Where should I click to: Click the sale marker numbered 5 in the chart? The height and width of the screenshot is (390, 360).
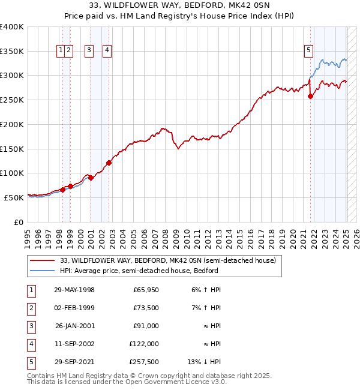click(308, 51)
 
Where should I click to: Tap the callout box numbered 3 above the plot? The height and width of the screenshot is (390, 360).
click(89, 51)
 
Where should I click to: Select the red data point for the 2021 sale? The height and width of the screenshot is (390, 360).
click(310, 96)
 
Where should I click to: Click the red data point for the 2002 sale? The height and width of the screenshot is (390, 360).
click(109, 163)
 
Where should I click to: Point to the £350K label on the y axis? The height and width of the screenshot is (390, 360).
click(12, 52)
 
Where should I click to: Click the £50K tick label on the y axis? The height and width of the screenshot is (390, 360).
click(14, 197)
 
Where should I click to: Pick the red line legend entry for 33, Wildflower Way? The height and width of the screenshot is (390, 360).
click(167, 260)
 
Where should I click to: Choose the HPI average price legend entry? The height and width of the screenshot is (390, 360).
click(139, 271)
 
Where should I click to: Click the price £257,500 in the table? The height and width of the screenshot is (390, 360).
click(144, 361)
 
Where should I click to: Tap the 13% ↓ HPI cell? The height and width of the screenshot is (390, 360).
click(205, 361)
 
